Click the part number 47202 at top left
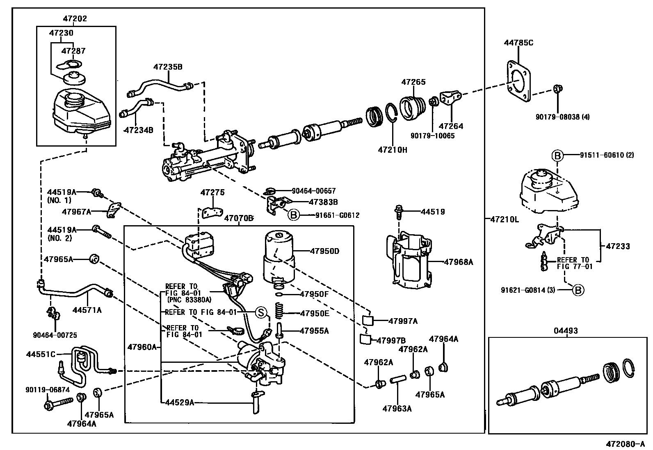pos(75,19)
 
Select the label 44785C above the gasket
pos(518,43)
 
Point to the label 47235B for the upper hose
pos(168,66)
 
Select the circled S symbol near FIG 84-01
pos(261,312)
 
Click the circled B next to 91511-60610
pos(557,156)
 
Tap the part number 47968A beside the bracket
pos(458,262)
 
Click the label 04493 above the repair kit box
pos(567,330)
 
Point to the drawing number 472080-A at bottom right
pos(625,444)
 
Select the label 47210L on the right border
pos(505,219)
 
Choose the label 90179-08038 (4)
pos(562,117)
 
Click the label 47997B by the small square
pos(391,340)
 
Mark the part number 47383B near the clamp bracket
pos(323,202)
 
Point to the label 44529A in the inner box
pos(179,403)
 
